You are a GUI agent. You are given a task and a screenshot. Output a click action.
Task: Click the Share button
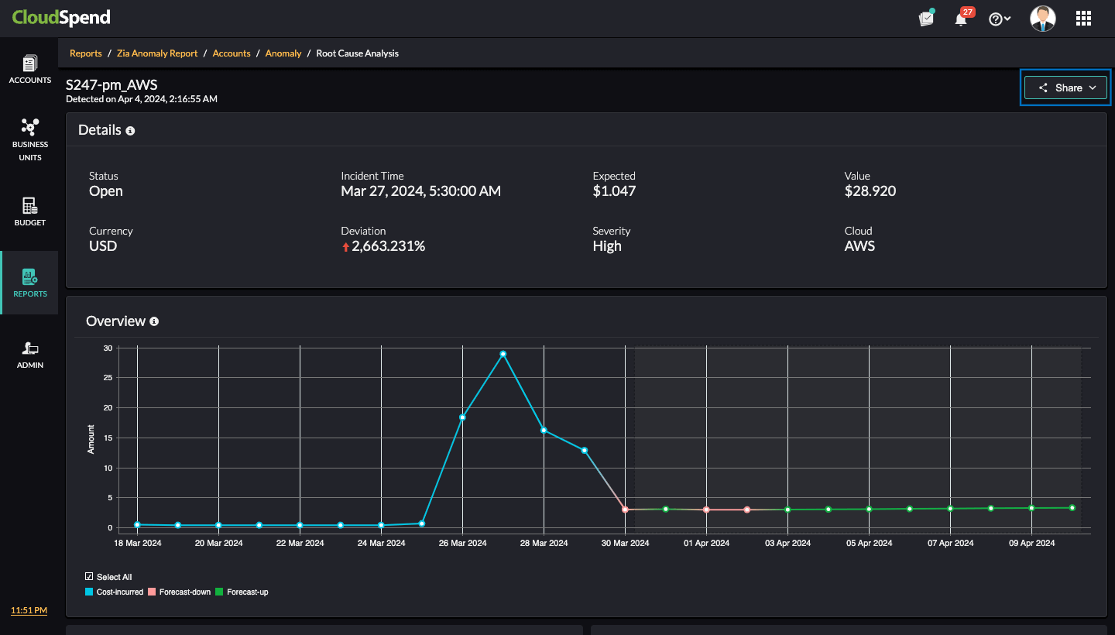[x=1067, y=88]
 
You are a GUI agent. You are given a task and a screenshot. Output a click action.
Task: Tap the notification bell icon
[x=961, y=19]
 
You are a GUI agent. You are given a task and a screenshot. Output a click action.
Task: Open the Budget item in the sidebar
[x=29, y=211]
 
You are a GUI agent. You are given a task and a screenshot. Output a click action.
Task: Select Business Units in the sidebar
[x=29, y=139]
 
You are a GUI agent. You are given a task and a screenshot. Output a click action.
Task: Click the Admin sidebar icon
[x=29, y=354]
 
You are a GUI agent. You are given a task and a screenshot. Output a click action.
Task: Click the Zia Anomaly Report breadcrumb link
[x=157, y=53]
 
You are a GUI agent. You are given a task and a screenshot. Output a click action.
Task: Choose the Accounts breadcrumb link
[x=232, y=53]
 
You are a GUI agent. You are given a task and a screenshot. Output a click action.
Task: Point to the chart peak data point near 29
[x=503, y=354]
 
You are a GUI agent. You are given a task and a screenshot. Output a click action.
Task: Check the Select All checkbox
[x=89, y=577]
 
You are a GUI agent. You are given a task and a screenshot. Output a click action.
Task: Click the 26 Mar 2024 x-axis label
[x=462, y=543]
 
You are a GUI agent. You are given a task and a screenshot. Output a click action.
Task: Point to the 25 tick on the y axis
[x=108, y=378]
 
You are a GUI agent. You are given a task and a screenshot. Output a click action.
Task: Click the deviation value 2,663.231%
[x=388, y=246]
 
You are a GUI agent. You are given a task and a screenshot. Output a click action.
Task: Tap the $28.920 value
[x=870, y=191]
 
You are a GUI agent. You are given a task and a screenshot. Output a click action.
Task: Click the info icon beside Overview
[x=154, y=321]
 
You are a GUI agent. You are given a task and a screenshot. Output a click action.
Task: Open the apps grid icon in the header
[x=1083, y=19]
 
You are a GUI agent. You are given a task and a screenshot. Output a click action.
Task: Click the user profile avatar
[x=1042, y=19]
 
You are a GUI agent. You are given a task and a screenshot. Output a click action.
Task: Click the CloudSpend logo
[x=61, y=17]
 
